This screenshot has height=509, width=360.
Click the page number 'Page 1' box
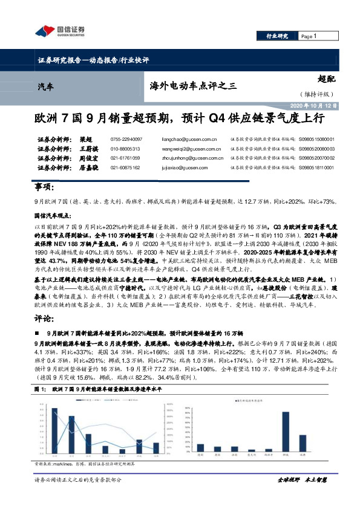coord(314,36)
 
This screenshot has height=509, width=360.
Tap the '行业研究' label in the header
coord(278,36)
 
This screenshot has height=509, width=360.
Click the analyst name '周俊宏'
coord(88,158)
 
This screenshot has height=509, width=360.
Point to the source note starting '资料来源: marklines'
coord(79,464)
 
